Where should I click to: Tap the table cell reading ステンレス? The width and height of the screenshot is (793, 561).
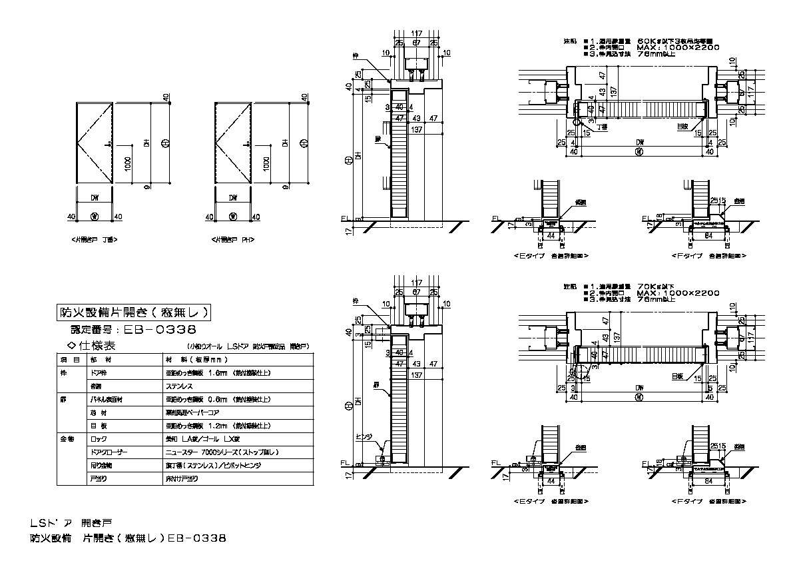point(180,385)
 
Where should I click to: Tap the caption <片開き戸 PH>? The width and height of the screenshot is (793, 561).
point(233,239)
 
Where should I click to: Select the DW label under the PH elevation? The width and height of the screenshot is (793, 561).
point(232,198)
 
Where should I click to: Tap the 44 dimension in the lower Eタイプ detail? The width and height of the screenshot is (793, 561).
point(550,480)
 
